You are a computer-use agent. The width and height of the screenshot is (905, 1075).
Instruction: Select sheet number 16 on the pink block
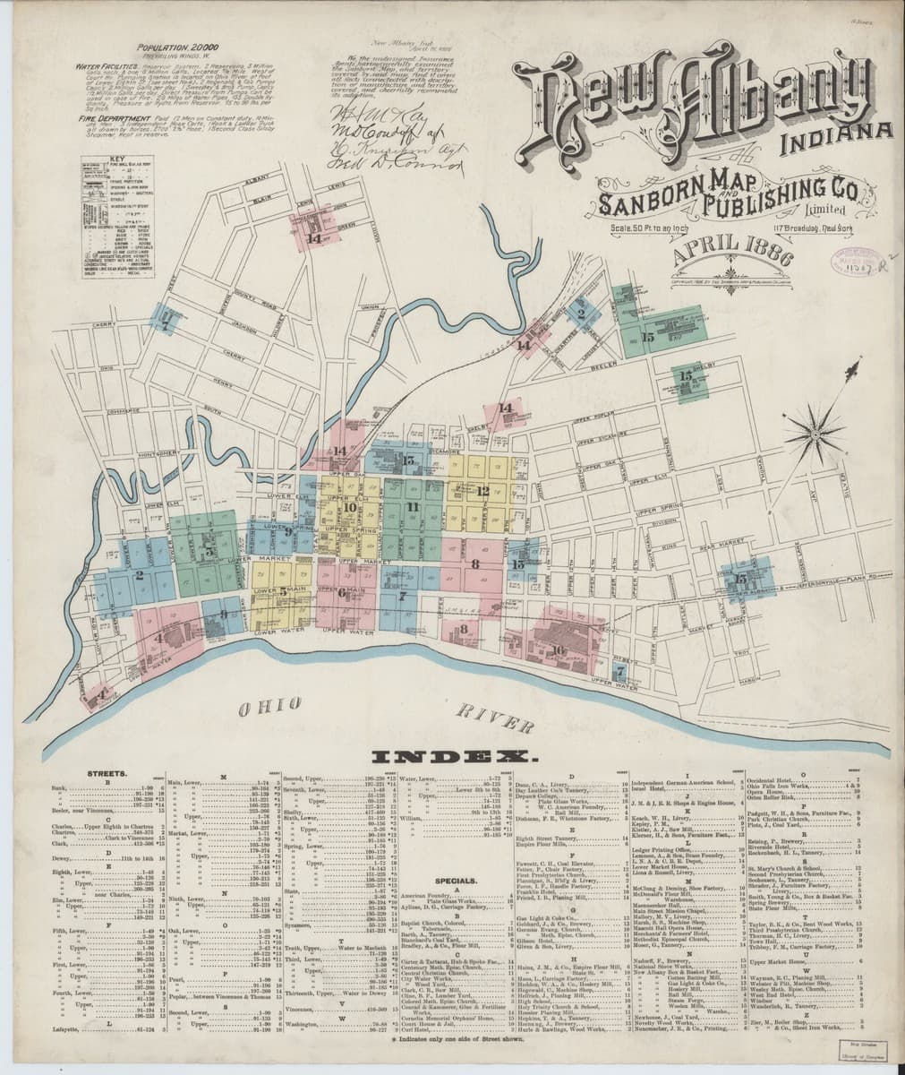click(558, 650)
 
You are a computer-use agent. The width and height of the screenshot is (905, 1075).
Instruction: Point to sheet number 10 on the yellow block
click(348, 508)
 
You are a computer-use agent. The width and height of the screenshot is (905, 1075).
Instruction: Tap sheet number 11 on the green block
click(412, 507)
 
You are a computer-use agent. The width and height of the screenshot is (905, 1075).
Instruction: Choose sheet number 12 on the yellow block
click(482, 490)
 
